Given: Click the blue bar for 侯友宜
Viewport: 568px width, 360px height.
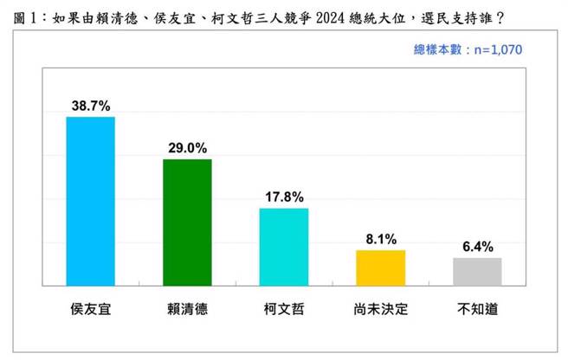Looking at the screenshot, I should [x=91, y=201].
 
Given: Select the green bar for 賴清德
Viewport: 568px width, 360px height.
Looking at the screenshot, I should [x=187, y=222].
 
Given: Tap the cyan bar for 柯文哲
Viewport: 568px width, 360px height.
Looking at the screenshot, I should [x=284, y=247].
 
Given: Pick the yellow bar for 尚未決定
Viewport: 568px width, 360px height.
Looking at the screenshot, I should [x=381, y=267].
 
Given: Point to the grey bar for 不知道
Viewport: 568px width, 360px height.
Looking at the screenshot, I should [x=477, y=271].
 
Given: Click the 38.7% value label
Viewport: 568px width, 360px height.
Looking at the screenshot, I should [x=91, y=106].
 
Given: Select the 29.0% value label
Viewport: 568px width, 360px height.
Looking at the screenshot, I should [x=187, y=148].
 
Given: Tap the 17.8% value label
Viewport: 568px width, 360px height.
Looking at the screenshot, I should [x=284, y=197].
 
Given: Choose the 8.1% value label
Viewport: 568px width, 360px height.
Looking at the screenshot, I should [x=381, y=239].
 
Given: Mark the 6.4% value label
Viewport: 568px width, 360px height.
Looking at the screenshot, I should [x=477, y=247].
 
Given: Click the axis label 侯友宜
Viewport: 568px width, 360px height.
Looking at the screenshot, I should [x=91, y=307].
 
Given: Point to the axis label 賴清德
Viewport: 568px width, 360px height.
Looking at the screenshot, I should [x=187, y=307].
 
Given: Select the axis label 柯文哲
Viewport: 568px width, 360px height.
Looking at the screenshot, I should [x=284, y=307].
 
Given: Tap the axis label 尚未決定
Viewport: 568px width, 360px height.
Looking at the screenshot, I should [x=381, y=307].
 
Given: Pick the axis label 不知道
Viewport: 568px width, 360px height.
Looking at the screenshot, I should [x=477, y=307].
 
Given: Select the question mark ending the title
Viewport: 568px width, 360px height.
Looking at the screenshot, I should [x=500, y=15].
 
